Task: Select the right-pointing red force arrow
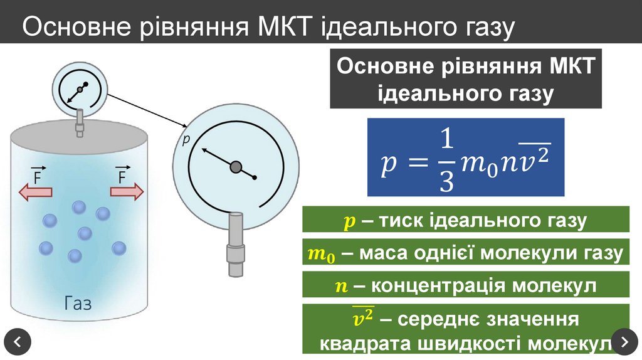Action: pos(127,192)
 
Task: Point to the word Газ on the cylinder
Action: pos(78,304)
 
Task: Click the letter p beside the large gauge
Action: pos(186,140)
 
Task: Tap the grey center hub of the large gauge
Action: pos(236,166)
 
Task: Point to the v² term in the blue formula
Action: pos(535,160)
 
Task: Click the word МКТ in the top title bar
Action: pos(285,28)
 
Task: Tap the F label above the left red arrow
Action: pos(38,176)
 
